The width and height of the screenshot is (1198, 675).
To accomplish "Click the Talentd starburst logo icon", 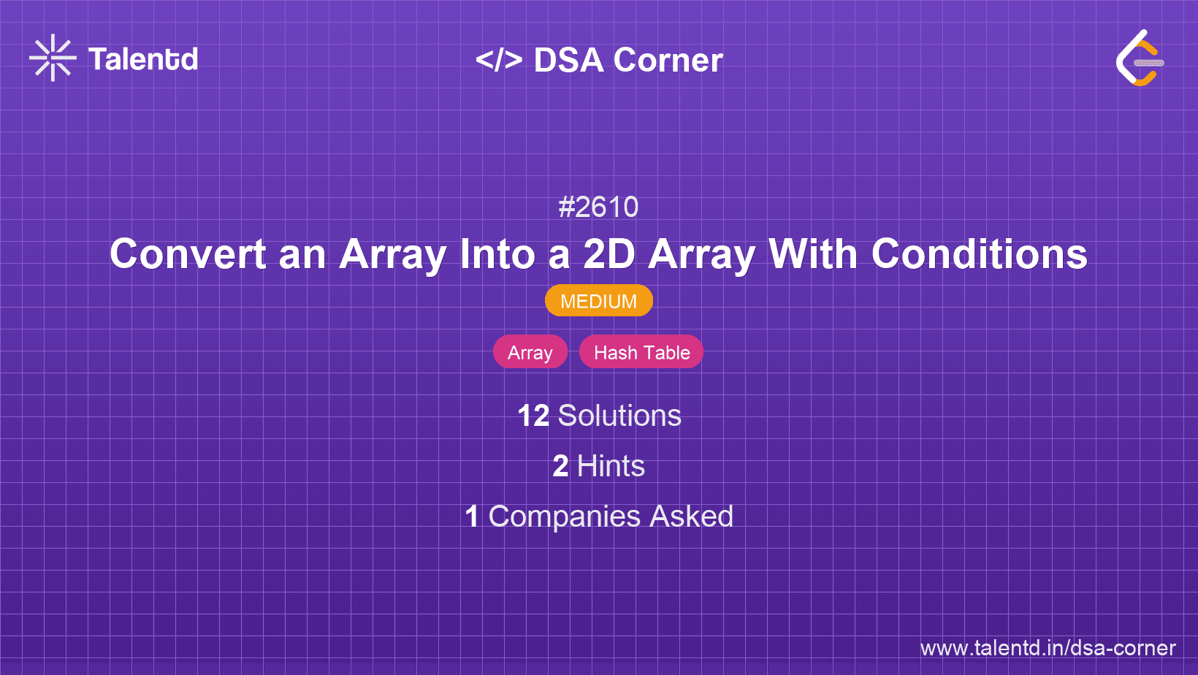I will click(x=53, y=58).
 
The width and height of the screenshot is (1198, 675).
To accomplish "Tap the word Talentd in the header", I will click(x=143, y=59).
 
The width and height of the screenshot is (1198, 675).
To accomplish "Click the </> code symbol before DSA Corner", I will click(x=499, y=59).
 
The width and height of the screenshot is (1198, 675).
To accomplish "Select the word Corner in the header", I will click(x=668, y=60).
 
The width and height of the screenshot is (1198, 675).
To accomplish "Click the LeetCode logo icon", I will click(x=1139, y=58).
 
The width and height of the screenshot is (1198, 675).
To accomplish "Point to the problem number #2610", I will click(x=598, y=207).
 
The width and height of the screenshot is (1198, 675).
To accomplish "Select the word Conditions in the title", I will click(x=979, y=254).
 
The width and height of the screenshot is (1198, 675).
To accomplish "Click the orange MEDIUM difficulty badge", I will click(x=598, y=301).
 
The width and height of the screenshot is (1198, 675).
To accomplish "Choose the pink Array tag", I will click(x=530, y=352).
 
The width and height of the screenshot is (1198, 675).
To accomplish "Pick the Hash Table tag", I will click(x=641, y=352).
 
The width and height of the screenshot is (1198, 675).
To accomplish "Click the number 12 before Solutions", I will click(x=533, y=416).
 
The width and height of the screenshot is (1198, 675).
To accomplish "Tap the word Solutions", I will click(x=619, y=416).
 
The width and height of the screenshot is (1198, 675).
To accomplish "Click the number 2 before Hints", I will click(x=560, y=466).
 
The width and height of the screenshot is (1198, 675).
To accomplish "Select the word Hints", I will click(x=611, y=466).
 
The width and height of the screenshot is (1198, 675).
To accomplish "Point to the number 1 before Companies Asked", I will click(x=472, y=516).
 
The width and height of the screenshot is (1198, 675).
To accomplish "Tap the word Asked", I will click(x=691, y=516).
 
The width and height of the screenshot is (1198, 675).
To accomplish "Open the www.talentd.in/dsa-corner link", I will click(x=1048, y=648).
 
